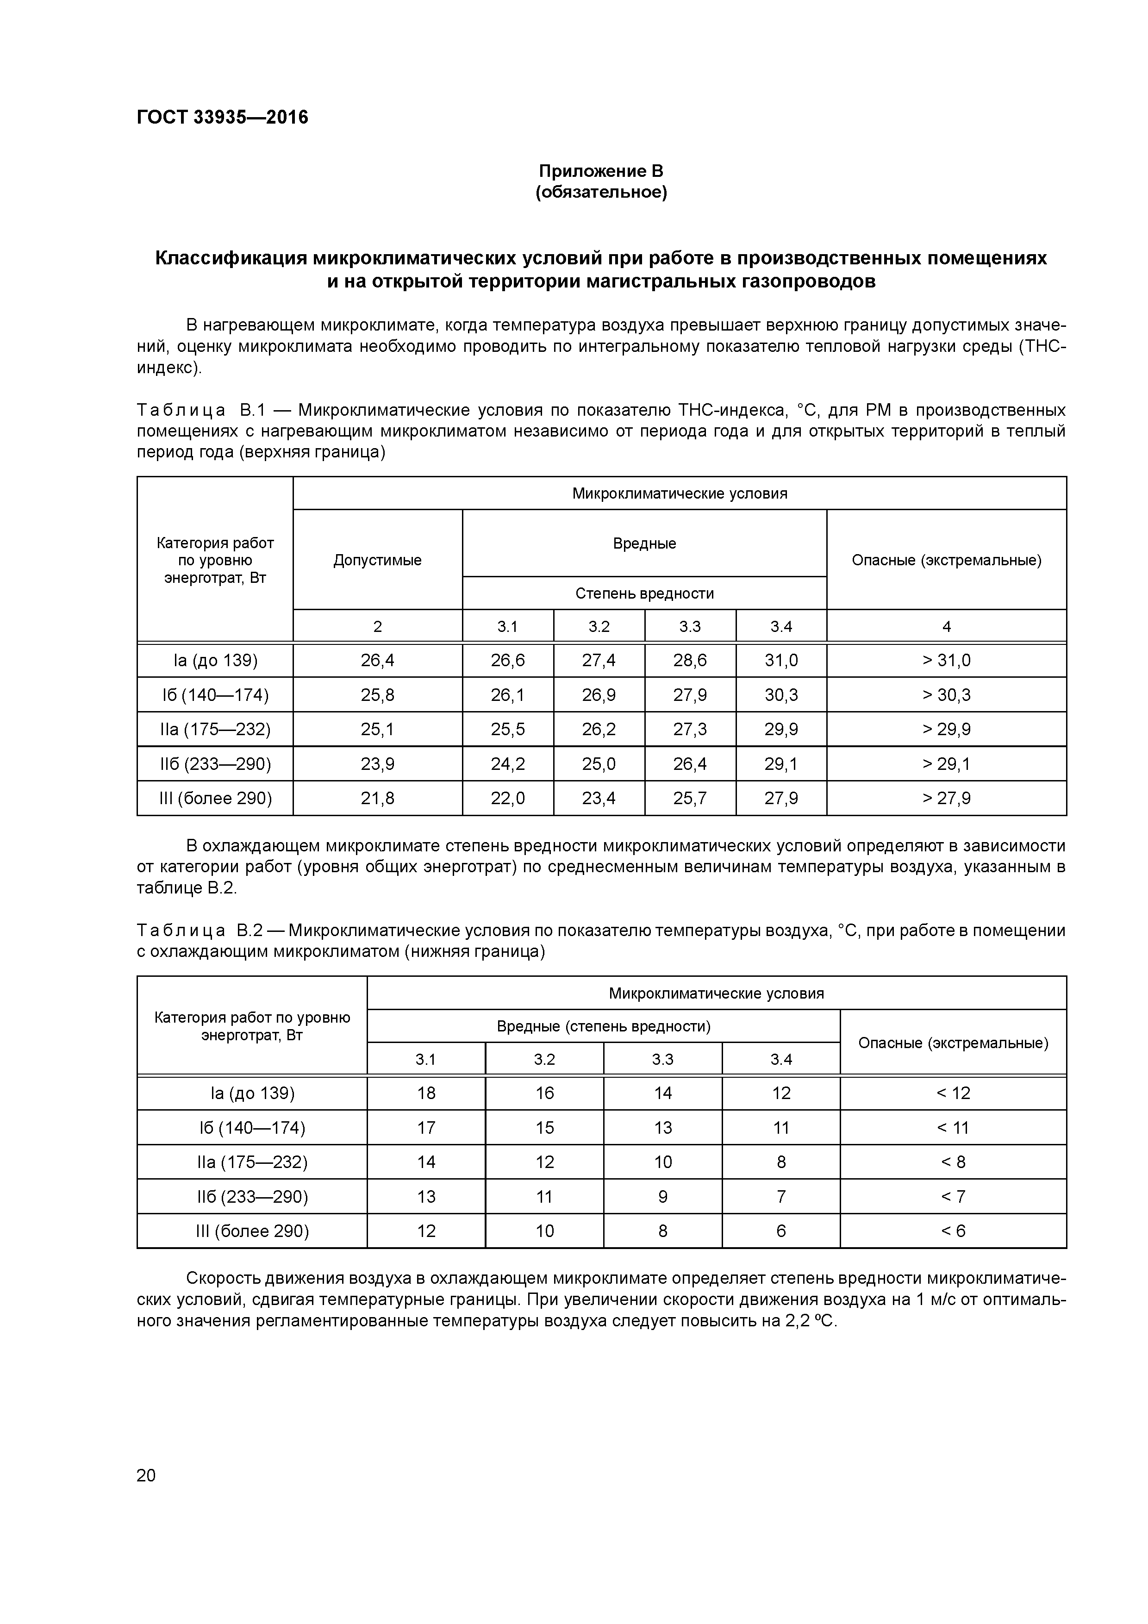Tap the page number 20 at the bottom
(146, 1475)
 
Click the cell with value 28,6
(690, 661)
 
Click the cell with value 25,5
(507, 729)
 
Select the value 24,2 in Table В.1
(507, 764)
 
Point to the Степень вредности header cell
(644, 593)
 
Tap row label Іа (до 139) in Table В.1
(215, 661)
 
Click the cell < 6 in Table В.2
(953, 1231)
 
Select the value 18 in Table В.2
(426, 1093)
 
